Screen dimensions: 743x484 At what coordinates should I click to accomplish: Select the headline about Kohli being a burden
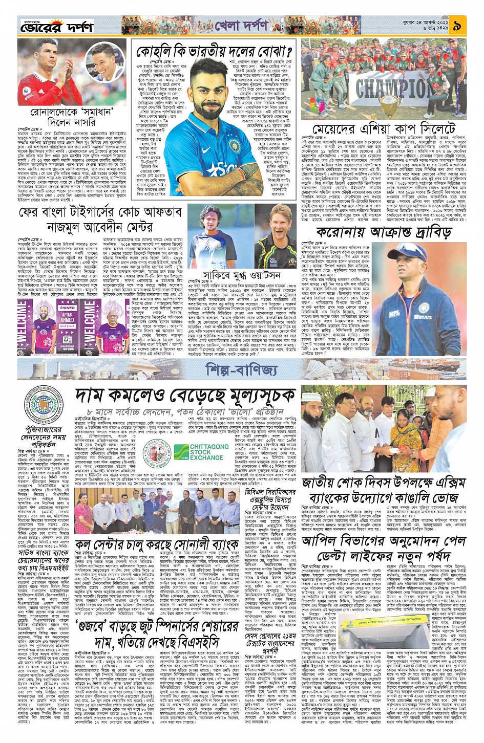(x=214, y=51)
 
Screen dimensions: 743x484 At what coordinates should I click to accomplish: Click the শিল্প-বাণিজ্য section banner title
(x=241, y=369)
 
